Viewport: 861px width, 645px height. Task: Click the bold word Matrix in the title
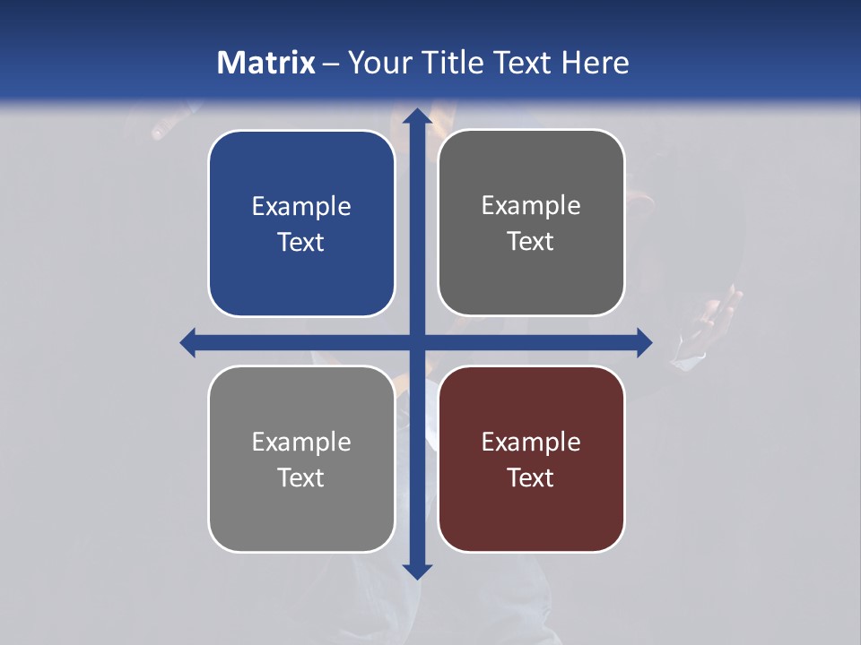point(265,63)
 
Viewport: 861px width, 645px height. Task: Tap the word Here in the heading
point(595,63)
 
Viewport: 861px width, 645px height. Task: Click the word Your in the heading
point(377,63)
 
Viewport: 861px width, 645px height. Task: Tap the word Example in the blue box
point(301,206)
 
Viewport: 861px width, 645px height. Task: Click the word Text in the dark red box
point(531,477)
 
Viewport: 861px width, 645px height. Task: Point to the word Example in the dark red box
point(531,442)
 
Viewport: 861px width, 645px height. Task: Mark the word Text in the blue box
point(301,242)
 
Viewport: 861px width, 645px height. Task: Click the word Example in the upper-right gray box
point(531,205)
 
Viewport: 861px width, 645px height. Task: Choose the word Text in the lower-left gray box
point(301,477)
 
